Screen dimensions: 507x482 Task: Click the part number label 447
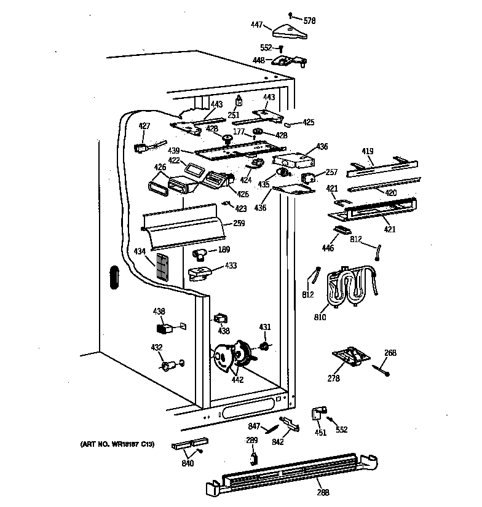[256, 25]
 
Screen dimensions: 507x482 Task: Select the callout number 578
[310, 21]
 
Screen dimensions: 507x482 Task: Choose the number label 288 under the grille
[322, 492]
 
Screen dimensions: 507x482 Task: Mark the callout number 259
[239, 224]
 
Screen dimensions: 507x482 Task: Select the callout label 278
[333, 379]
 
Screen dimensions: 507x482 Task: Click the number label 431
[264, 327]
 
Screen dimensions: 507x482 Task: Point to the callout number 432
[157, 347]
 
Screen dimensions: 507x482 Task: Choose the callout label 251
[234, 115]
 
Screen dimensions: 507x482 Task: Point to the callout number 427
[144, 126]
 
